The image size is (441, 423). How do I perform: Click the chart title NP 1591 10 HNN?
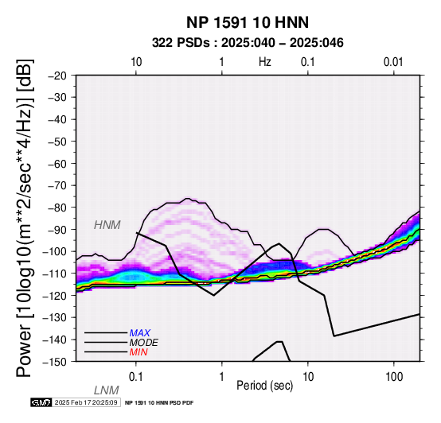[x=248, y=22]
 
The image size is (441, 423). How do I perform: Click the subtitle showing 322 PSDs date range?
[x=248, y=43]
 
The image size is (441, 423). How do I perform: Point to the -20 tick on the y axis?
[x=57, y=76]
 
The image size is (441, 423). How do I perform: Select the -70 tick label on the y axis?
[x=57, y=185]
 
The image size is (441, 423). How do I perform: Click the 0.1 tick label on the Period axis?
[x=136, y=377]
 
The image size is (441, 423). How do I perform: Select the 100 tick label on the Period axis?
[x=394, y=377]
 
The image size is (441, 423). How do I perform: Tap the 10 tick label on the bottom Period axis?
[x=308, y=377]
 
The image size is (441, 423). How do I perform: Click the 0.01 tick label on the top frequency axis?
[x=393, y=62]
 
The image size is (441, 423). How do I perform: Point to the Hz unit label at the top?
[x=265, y=62]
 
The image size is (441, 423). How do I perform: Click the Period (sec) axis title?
[x=265, y=386]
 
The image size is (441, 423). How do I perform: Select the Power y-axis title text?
[x=25, y=218]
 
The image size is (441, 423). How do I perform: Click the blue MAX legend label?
[x=139, y=333]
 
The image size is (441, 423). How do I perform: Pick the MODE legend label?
[x=144, y=343]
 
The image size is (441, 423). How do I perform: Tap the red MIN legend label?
[x=139, y=352]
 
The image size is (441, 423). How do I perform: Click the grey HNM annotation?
[x=107, y=225]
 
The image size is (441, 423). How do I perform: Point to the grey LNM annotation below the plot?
[x=107, y=390]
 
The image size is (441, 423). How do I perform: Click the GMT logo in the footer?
[x=41, y=402]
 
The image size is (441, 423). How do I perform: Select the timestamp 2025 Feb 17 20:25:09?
[x=86, y=402]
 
